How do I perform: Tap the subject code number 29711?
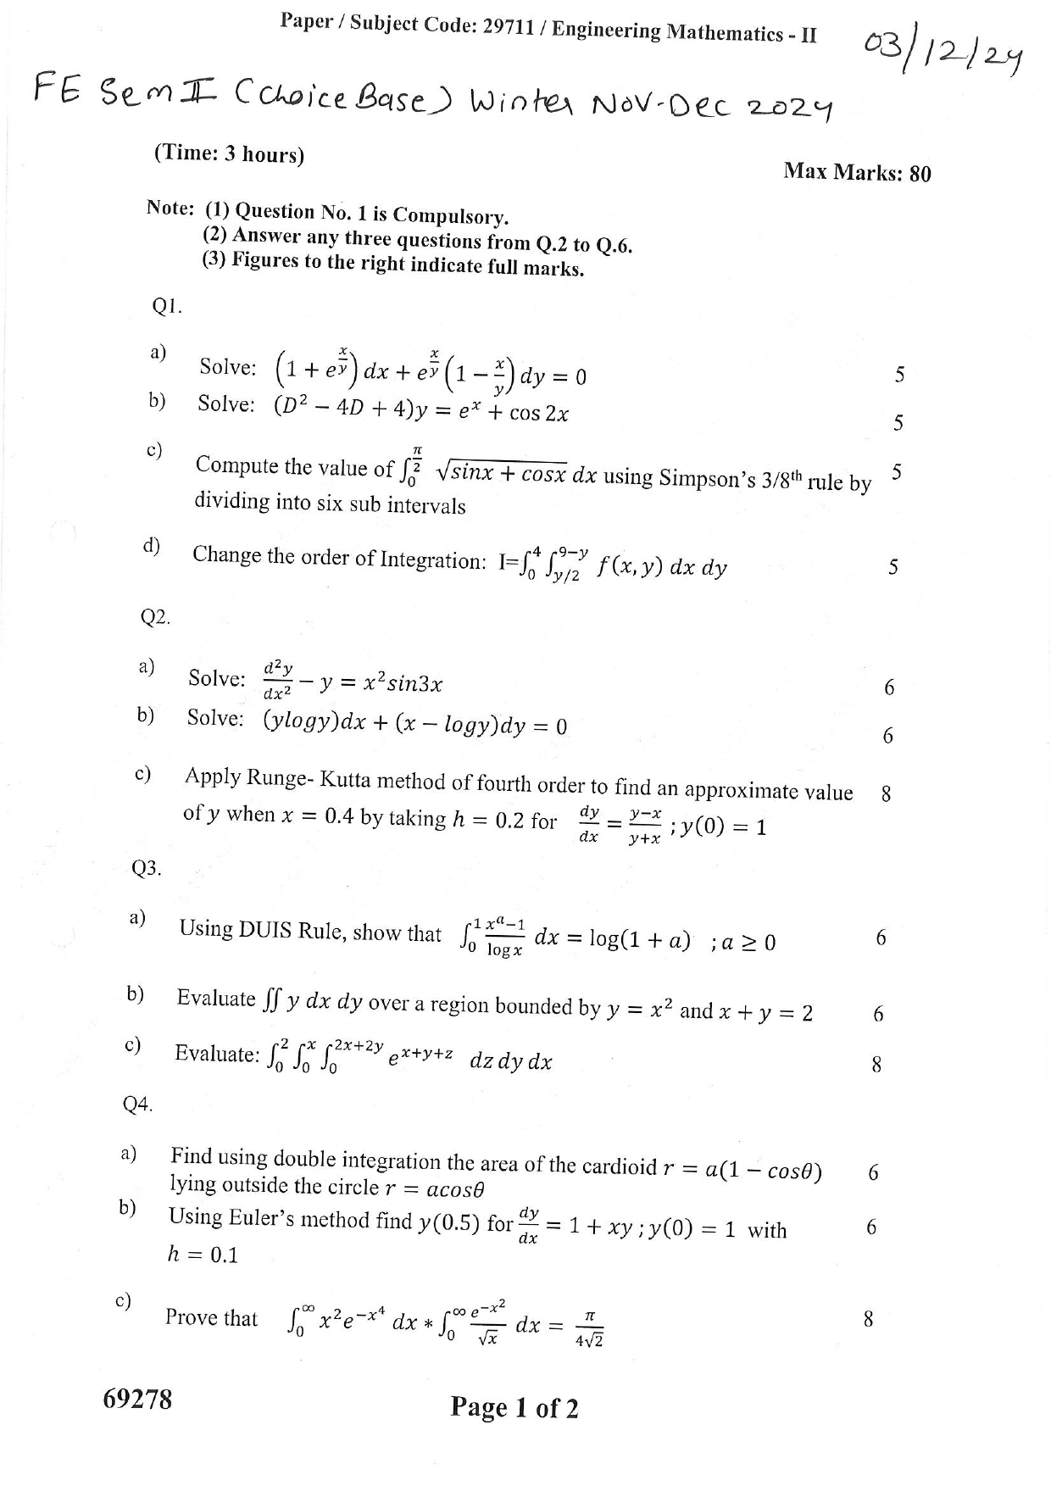pyautogui.click(x=508, y=27)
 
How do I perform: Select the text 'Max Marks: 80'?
pyautogui.click(x=857, y=172)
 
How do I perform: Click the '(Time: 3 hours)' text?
pyautogui.click(x=229, y=154)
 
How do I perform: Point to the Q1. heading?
pyautogui.click(x=167, y=307)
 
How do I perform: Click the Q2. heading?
pyautogui.click(x=155, y=617)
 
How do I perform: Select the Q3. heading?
pyautogui.click(x=147, y=868)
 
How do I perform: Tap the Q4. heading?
pyautogui.click(x=137, y=1104)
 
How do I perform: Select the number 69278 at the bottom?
pyautogui.click(x=137, y=1399)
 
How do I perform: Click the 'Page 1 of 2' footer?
pyautogui.click(x=514, y=1408)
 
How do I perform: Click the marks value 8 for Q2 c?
pyautogui.click(x=886, y=794)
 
